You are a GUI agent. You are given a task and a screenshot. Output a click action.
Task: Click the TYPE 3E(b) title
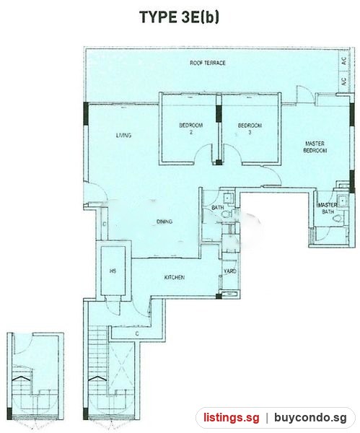coord(180,17)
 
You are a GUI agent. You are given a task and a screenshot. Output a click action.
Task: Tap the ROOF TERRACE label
coord(208,63)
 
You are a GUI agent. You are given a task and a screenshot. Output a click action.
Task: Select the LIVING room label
coord(123,136)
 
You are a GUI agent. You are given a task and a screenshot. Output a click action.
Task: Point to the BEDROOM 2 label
coord(191,128)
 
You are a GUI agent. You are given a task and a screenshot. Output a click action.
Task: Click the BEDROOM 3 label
coord(250,128)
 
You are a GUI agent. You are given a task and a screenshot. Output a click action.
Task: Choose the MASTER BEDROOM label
coord(315,147)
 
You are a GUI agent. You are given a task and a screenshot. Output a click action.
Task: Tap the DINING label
coord(164,222)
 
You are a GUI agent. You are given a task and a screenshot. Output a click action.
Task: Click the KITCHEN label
coord(175,277)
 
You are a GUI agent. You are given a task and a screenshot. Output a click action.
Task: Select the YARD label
coord(230,271)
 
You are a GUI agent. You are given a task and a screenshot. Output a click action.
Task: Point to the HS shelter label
coord(113,271)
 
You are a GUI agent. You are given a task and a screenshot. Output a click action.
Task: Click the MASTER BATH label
coord(328,209)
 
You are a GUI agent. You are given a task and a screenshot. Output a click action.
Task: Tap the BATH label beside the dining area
coord(218,207)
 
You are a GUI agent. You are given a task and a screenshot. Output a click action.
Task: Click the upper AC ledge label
coord(343,61)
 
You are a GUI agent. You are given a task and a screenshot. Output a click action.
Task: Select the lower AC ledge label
coord(343,81)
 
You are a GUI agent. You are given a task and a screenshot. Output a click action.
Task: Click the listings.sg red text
coord(232,417)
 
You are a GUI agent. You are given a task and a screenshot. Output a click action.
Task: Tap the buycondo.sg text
coord(310,418)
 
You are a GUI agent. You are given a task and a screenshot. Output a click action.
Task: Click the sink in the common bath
coord(228,198)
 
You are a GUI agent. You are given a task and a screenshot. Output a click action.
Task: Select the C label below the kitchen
coord(137,334)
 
